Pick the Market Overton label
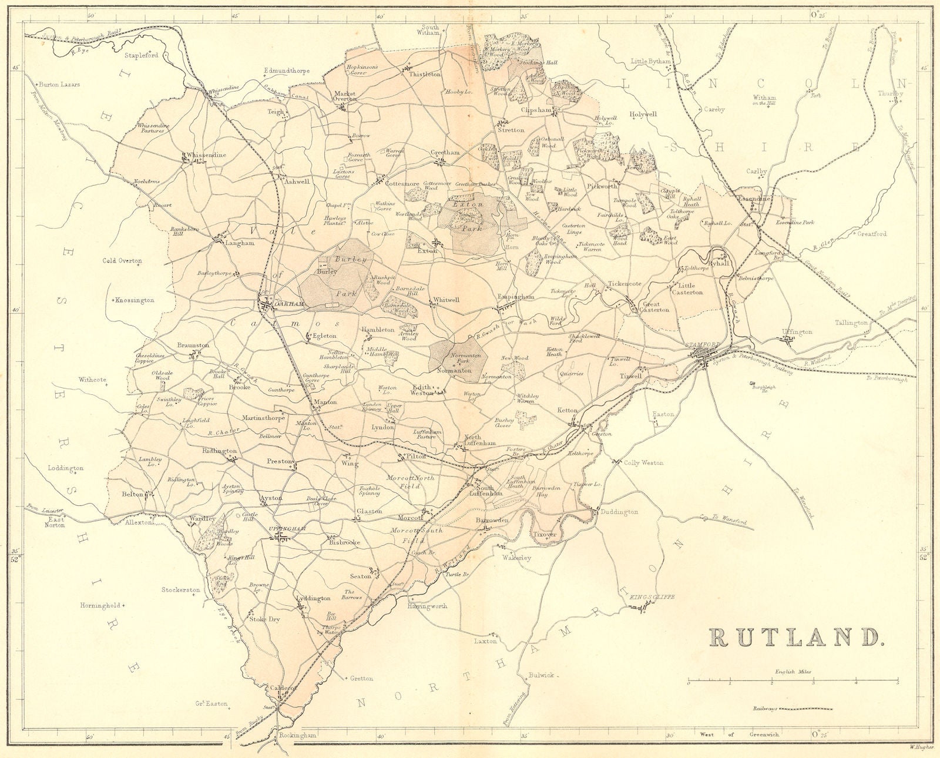(x=345, y=96)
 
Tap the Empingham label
(x=516, y=297)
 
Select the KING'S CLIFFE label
(x=649, y=597)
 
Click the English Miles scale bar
(x=793, y=682)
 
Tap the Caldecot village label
(x=281, y=687)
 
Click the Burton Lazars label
(x=59, y=85)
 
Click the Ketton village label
(x=568, y=410)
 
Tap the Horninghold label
(x=100, y=605)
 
